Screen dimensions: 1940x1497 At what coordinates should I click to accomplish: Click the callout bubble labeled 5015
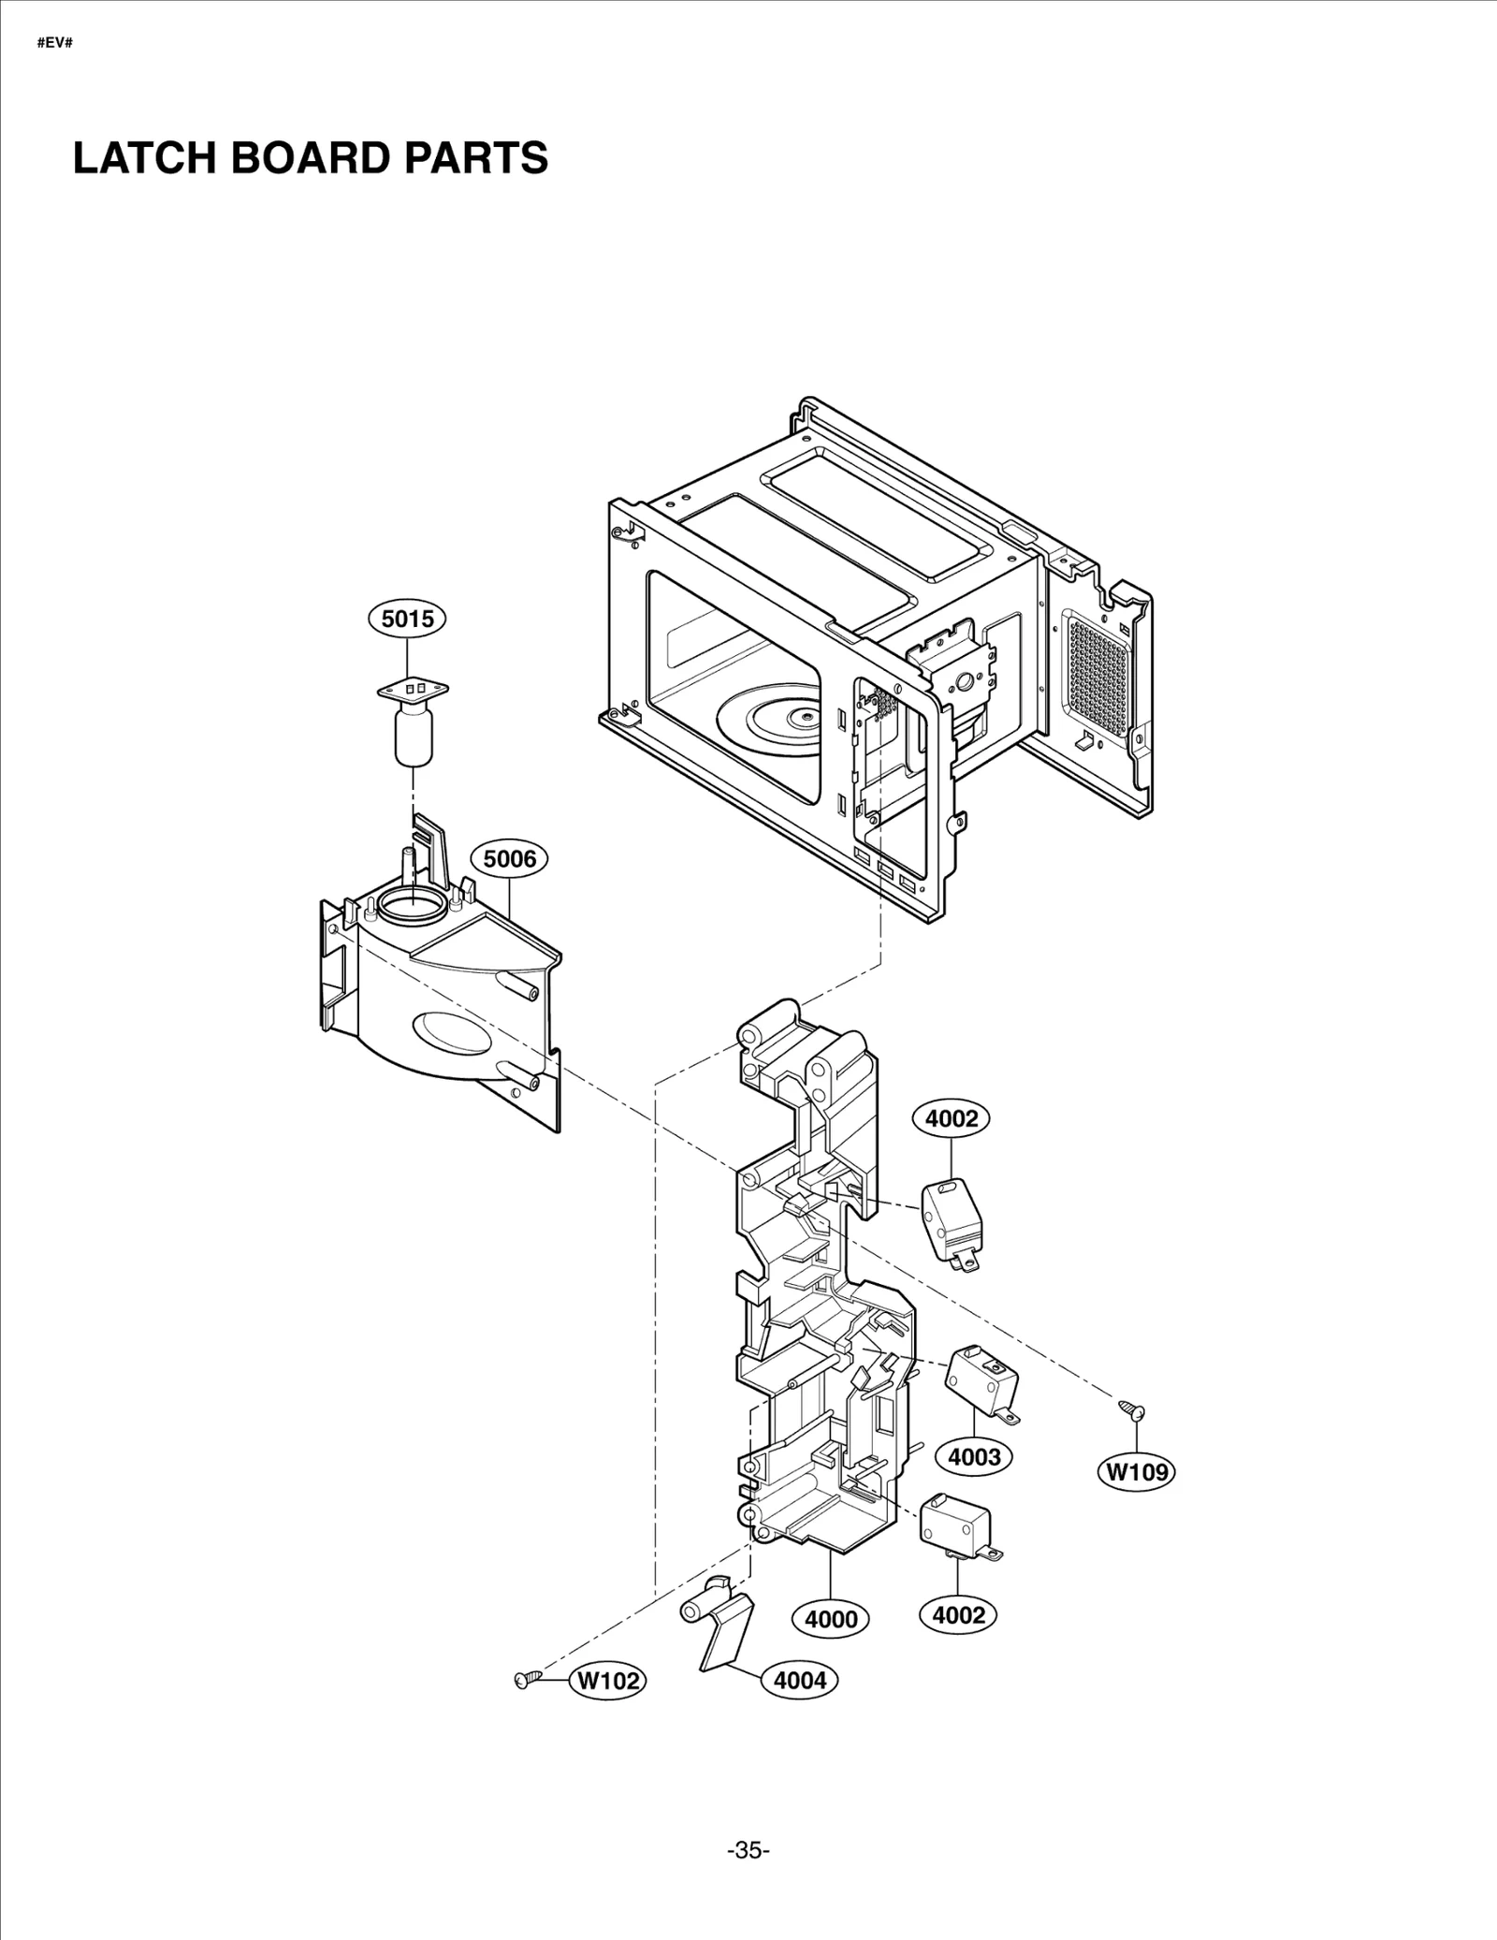(408, 619)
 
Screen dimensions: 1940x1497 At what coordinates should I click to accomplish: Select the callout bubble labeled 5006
(509, 858)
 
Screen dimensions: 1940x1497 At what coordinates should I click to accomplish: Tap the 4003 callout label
(974, 1482)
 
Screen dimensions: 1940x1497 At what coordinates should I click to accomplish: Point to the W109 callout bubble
(1137, 1497)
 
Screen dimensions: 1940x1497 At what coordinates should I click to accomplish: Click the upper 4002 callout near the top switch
(952, 1118)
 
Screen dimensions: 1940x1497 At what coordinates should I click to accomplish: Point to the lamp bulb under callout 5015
(412, 736)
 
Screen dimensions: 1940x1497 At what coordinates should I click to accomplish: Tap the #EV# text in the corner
(54, 44)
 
